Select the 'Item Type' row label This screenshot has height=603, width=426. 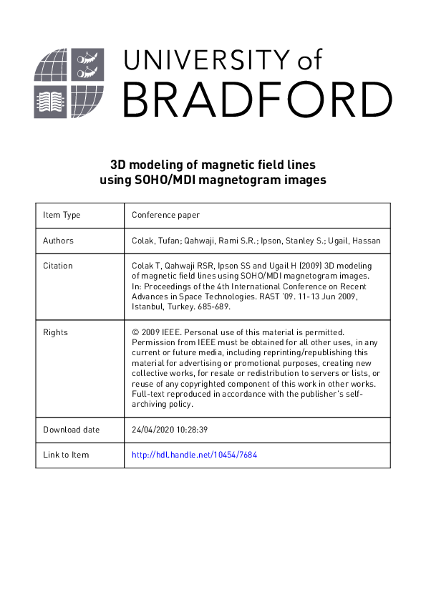point(62,215)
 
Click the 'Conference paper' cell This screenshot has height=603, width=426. point(165,215)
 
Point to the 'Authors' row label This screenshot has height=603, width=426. point(59,241)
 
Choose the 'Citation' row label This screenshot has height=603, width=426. point(58,266)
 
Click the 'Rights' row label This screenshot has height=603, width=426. point(55,332)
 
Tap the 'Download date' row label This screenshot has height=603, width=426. point(72,430)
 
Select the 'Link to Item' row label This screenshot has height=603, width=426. point(67,455)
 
